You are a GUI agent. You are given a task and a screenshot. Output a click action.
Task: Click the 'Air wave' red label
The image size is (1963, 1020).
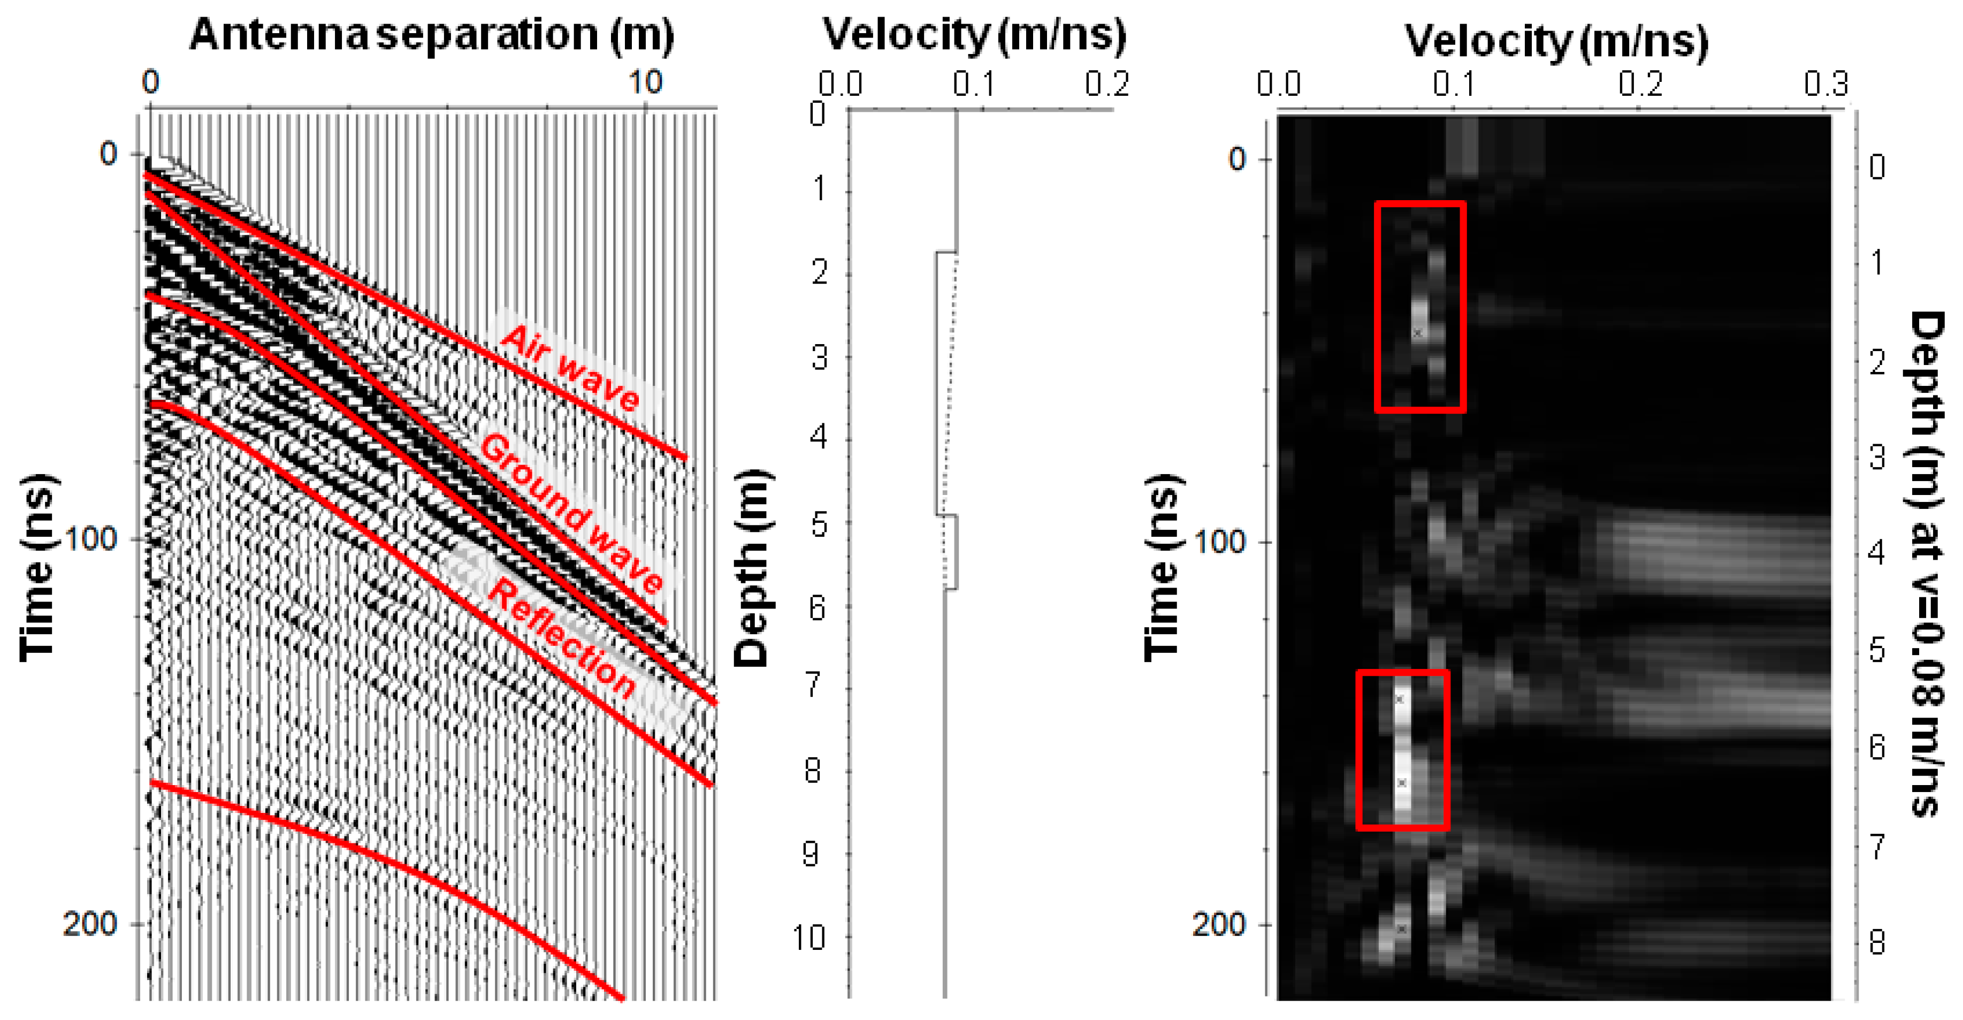click(x=570, y=368)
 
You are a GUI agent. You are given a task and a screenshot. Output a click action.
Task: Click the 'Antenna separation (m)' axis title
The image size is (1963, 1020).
click(x=431, y=35)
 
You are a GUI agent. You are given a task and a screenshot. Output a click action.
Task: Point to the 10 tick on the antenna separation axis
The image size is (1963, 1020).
click(x=645, y=82)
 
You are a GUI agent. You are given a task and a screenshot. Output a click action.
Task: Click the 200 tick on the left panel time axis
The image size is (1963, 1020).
click(x=90, y=924)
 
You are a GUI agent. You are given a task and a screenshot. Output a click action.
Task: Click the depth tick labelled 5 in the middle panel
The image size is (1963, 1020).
click(x=819, y=524)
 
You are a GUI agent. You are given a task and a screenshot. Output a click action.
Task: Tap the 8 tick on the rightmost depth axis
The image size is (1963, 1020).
click(x=1877, y=943)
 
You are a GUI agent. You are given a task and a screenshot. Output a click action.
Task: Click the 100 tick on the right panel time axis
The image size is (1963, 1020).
click(x=1219, y=542)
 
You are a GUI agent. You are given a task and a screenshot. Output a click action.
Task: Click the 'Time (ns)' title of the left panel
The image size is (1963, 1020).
click(x=36, y=568)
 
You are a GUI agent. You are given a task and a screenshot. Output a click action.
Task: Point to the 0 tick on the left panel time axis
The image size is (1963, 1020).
click(x=108, y=154)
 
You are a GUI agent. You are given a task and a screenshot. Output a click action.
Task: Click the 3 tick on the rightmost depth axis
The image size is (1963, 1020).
click(x=1877, y=458)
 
